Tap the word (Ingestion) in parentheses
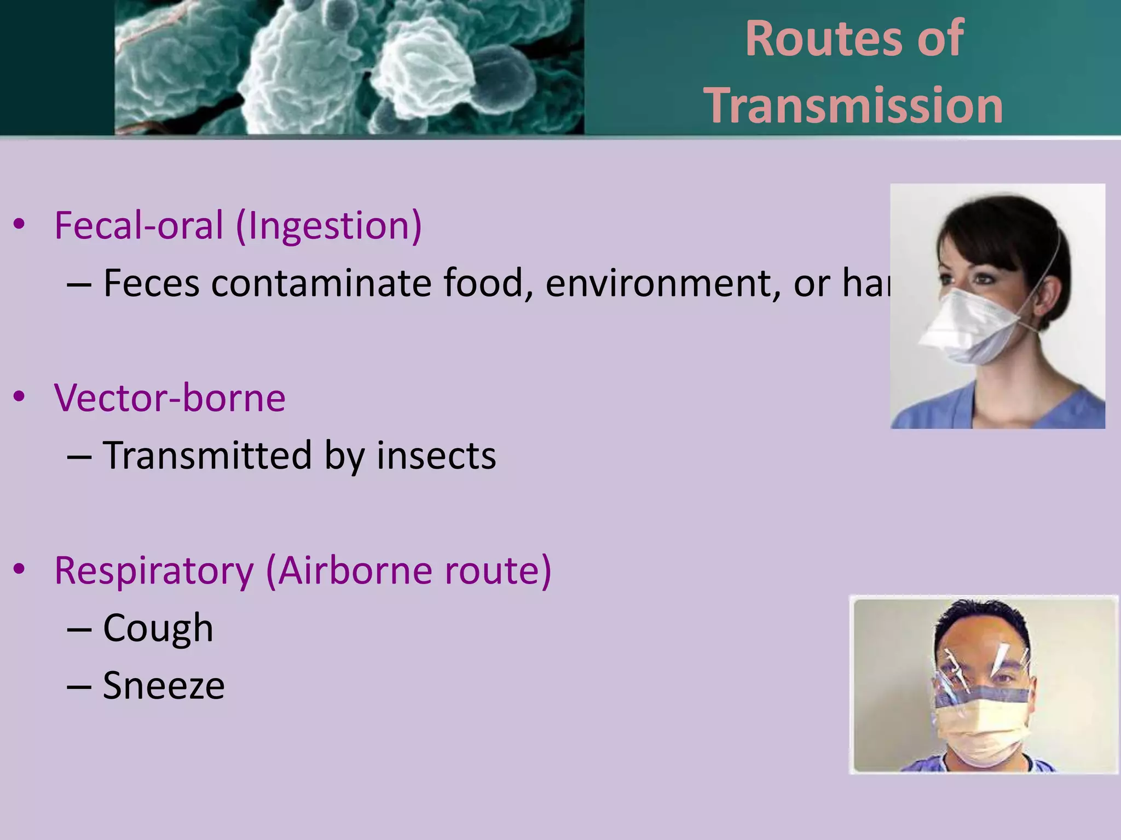(x=329, y=226)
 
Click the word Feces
(x=151, y=283)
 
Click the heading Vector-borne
(x=170, y=398)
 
